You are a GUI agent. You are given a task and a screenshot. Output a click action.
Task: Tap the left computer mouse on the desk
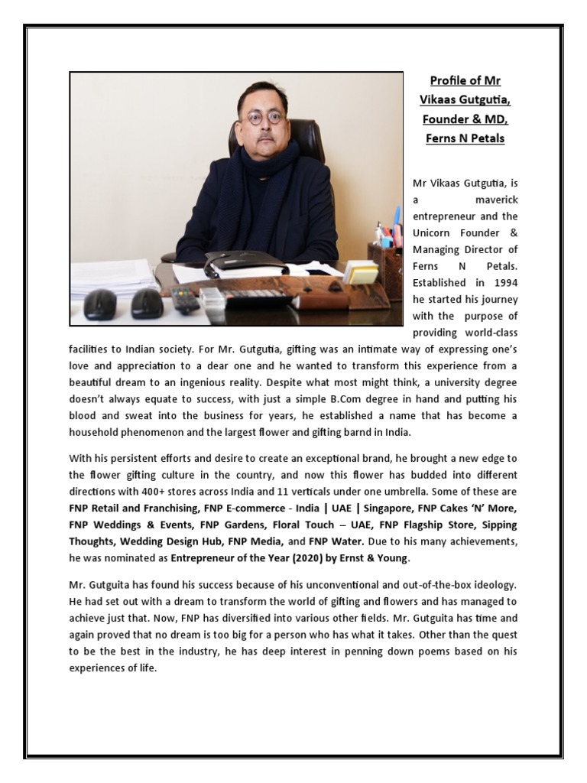(99, 304)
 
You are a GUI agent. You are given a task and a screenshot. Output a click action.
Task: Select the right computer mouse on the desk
(146, 303)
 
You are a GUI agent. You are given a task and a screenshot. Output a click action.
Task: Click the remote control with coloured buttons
(184, 298)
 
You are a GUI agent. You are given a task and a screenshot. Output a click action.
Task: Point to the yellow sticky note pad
(359, 271)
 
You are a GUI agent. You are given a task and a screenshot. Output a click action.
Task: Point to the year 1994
(501, 283)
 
